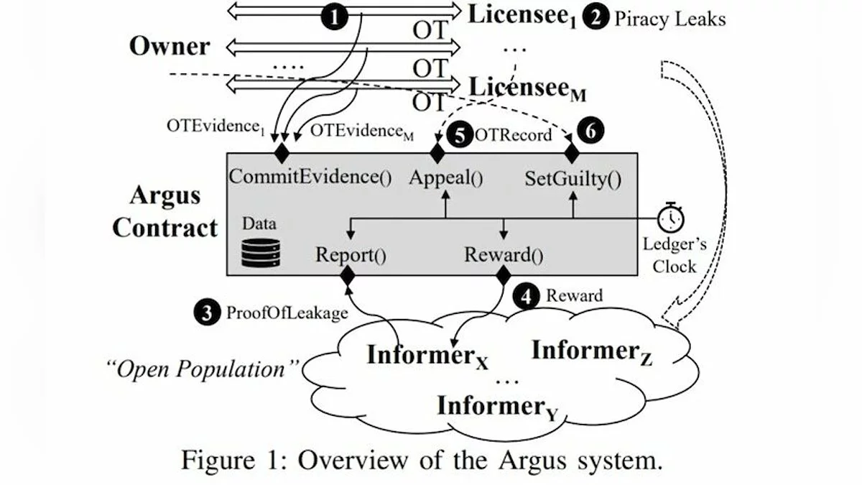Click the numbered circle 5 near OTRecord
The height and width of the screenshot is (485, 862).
click(x=459, y=135)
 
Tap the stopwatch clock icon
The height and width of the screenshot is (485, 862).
click(x=672, y=216)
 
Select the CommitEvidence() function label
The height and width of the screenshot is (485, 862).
click(x=310, y=177)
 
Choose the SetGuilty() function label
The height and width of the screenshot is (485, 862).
click(x=573, y=177)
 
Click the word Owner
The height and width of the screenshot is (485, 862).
click(x=170, y=47)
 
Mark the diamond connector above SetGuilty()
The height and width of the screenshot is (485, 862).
click(x=572, y=152)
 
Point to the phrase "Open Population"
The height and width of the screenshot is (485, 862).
click(x=203, y=371)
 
